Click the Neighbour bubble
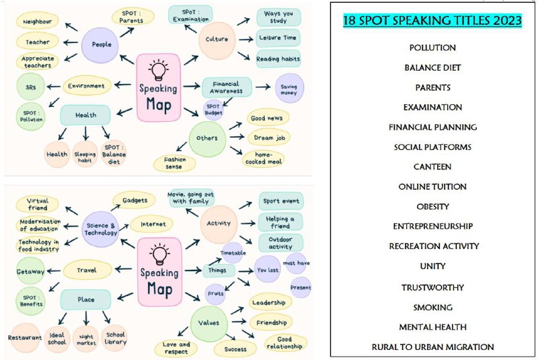[x=38, y=22]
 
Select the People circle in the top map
[x=100, y=44]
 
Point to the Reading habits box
[x=278, y=59]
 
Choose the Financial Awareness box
[x=227, y=87]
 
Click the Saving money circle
[x=289, y=88]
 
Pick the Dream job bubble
[x=269, y=138]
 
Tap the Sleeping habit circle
[x=85, y=154]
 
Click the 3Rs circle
[x=30, y=87]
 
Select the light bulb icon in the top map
[x=158, y=70]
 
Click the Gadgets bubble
[x=134, y=200]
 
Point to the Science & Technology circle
[x=100, y=229]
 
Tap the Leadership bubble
[x=270, y=302]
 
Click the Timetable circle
[x=233, y=253]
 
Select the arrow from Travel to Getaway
[x=54, y=271]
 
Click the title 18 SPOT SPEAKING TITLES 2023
[x=432, y=21]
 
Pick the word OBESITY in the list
[x=432, y=207]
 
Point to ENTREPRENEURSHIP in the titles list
[x=432, y=227]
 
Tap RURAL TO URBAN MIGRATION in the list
[x=432, y=347]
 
